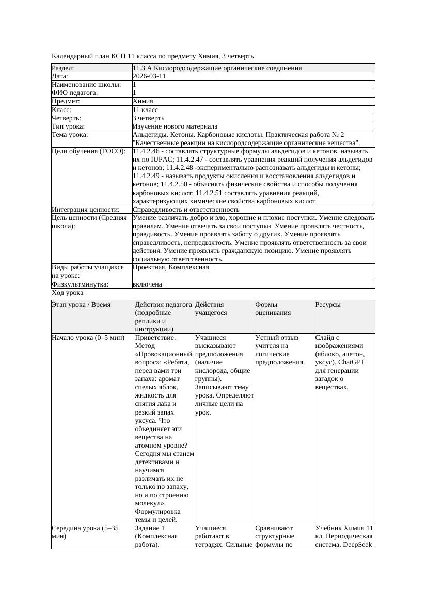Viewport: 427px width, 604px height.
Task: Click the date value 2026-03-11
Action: [149, 76]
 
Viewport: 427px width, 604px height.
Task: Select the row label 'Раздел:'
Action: [63, 68]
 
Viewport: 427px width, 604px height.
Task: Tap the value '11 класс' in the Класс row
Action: [145, 110]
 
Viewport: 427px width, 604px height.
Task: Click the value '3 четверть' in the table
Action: [148, 118]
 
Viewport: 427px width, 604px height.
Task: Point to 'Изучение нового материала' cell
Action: [175, 126]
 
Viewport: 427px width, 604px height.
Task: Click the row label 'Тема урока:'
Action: [70, 135]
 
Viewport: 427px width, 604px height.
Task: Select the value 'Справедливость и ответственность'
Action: [186, 210]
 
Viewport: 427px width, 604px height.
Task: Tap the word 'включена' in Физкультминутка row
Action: [147, 284]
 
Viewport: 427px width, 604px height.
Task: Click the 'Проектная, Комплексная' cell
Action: [170, 268]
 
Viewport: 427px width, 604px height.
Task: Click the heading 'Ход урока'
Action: [67, 293]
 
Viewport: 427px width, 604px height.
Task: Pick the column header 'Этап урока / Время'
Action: [81, 305]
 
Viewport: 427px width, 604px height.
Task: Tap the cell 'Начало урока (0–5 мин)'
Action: [88, 338]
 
